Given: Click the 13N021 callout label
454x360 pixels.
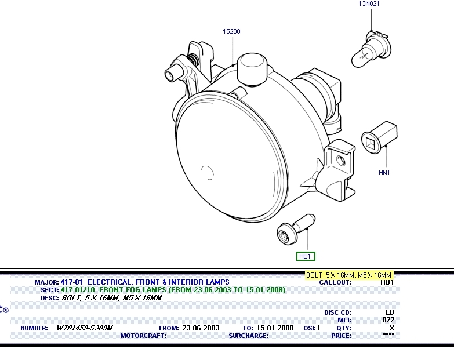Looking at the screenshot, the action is pyautogui.click(x=369, y=3).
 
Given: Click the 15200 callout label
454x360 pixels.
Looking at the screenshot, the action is pyautogui.click(x=231, y=31).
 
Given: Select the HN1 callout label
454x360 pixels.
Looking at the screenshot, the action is pyautogui.click(x=384, y=173).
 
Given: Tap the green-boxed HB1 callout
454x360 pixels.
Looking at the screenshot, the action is pyautogui.click(x=306, y=256).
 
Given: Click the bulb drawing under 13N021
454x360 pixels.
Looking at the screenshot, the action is pyautogui.click(x=371, y=49).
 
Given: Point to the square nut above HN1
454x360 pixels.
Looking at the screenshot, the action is pyautogui.click(x=379, y=137).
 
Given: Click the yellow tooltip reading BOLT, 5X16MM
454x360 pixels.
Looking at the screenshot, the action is pyautogui.click(x=349, y=275).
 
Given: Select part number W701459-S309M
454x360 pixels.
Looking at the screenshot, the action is pyautogui.click(x=84, y=328).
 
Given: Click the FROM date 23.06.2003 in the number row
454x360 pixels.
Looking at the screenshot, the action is pyautogui.click(x=201, y=328).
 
